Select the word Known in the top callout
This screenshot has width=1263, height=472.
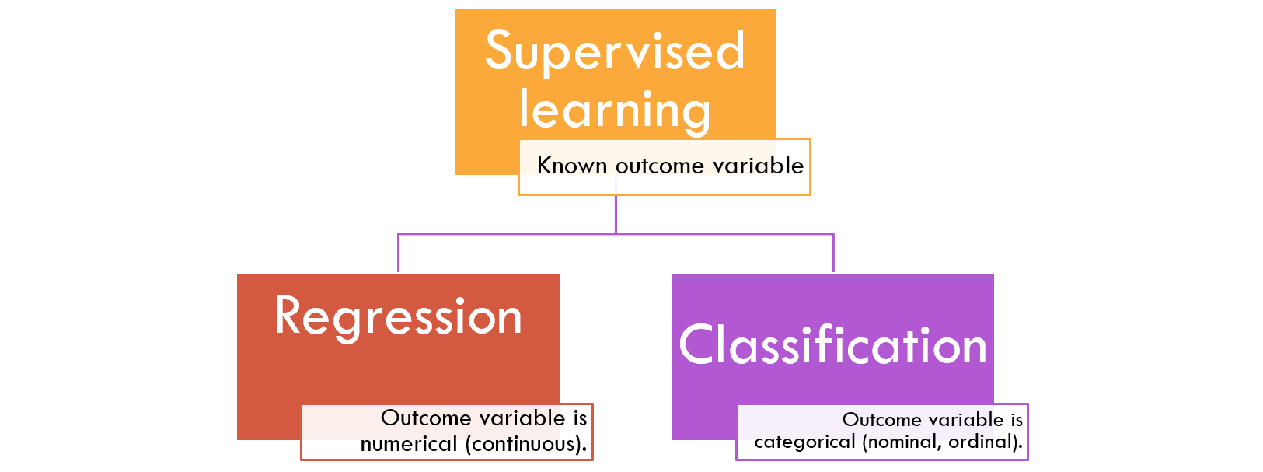pyautogui.click(x=572, y=166)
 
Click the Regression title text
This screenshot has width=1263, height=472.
pyautogui.click(x=399, y=318)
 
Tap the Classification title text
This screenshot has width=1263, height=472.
pyautogui.click(x=832, y=344)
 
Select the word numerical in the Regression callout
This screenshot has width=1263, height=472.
pyautogui.click(x=409, y=444)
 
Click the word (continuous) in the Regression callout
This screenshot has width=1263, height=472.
pyautogui.click(x=526, y=444)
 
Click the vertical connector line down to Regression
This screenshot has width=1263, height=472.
pyautogui.click(x=398, y=253)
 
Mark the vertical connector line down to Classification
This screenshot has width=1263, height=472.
pyautogui.click(x=833, y=253)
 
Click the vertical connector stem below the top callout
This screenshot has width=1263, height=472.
pyautogui.click(x=616, y=215)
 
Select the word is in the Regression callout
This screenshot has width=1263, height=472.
pyautogui.click(x=580, y=418)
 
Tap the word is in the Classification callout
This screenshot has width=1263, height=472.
pyautogui.click(x=1017, y=420)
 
